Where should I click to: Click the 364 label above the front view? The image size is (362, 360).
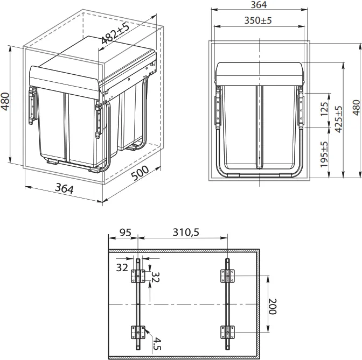[x=259, y=5]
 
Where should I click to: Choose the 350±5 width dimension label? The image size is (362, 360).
[x=257, y=20]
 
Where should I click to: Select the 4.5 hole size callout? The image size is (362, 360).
[x=156, y=343]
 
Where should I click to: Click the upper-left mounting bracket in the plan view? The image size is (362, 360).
[x=138, y=277]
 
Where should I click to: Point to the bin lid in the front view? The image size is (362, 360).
[x=259, y=73]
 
